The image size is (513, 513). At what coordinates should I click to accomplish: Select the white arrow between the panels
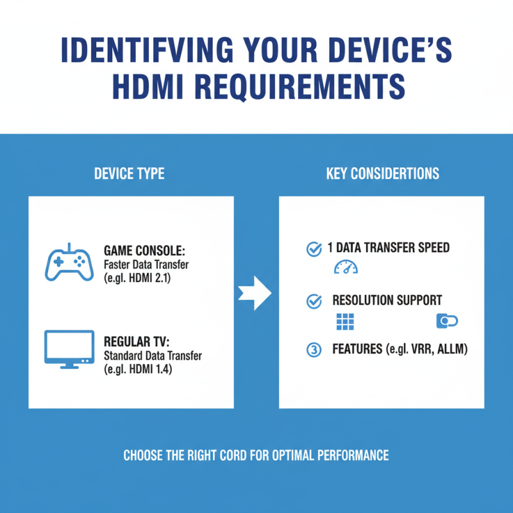pyautogui.click(x=255, y=293)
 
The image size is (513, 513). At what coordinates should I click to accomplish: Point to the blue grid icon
pyautogui.click(x=345, y=321)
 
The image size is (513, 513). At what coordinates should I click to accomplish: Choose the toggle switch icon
pyautogui.click(x=446, y=321)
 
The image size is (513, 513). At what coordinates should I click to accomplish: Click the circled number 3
pyautogui.click(x=314, y=350)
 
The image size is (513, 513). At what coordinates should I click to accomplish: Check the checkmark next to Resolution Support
pyautogui.click(x=314, y=301)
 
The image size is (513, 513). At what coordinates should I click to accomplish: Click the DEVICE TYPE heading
pyautogui.click(x=129, y=174)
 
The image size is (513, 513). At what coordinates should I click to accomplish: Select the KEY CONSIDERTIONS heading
pyautogui.click(x=382, y=174)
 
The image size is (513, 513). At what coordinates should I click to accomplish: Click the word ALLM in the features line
pyautogui.click(x=453, y=350)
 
